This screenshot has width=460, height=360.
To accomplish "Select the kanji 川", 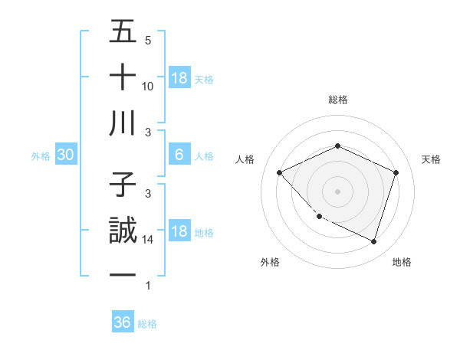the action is pyautogui.click(x=123, y=124).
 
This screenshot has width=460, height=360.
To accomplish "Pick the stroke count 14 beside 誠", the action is pyautogui.click(x=148, y=240).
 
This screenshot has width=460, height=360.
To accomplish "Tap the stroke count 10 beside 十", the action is pyautogui.click(x=148, y=86).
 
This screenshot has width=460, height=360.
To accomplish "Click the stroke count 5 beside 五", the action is pyautogui.click(x=148, y=40).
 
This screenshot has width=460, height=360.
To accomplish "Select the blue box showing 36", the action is pyautogui.click(x=122, y=322).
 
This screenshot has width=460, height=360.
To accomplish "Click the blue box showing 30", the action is pyautogui.click(x=65, y=155).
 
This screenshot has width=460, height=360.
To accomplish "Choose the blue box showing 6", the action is pyautogui.click(x=179, y=155).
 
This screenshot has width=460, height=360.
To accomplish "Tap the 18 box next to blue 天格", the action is pyautogui.click(x=179, y=78).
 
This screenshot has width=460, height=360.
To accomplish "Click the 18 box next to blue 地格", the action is pyautogui.click(x=179, y=232).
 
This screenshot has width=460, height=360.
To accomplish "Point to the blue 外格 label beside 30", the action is pyautogui.click(x=41, y=156).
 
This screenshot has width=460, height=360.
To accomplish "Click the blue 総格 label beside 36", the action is pyautogui.click(x=147, y=323).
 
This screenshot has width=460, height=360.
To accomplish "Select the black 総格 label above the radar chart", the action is pyautogui.click(x=337, y=100).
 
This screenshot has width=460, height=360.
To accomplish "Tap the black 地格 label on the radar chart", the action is pyautogui.click(x=402, y=262).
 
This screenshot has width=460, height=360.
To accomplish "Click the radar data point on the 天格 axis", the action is pyautogui.click(x=396, y=172).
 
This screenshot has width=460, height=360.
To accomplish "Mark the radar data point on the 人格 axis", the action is pyautogui.click(x=280, y=172).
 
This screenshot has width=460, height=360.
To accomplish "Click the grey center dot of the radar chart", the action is pyautogui.click(x=337, y=191).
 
